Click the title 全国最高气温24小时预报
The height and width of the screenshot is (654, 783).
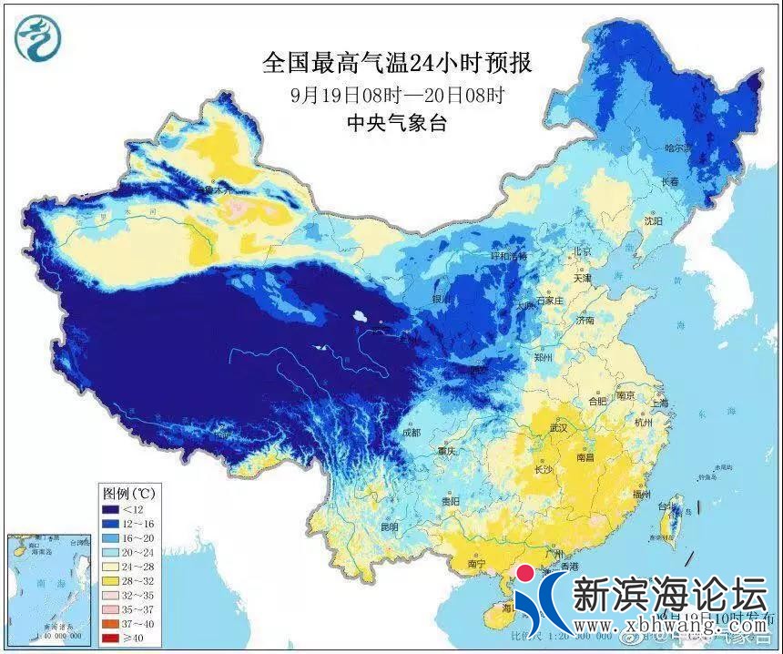396,63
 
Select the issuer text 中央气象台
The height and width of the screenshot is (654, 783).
397,124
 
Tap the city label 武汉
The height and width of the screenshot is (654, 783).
557,427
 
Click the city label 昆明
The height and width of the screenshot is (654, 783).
389,527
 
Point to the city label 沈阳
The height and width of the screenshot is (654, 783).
654,220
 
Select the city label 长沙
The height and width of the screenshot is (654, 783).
543,470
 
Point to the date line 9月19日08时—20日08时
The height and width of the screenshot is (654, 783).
398,94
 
